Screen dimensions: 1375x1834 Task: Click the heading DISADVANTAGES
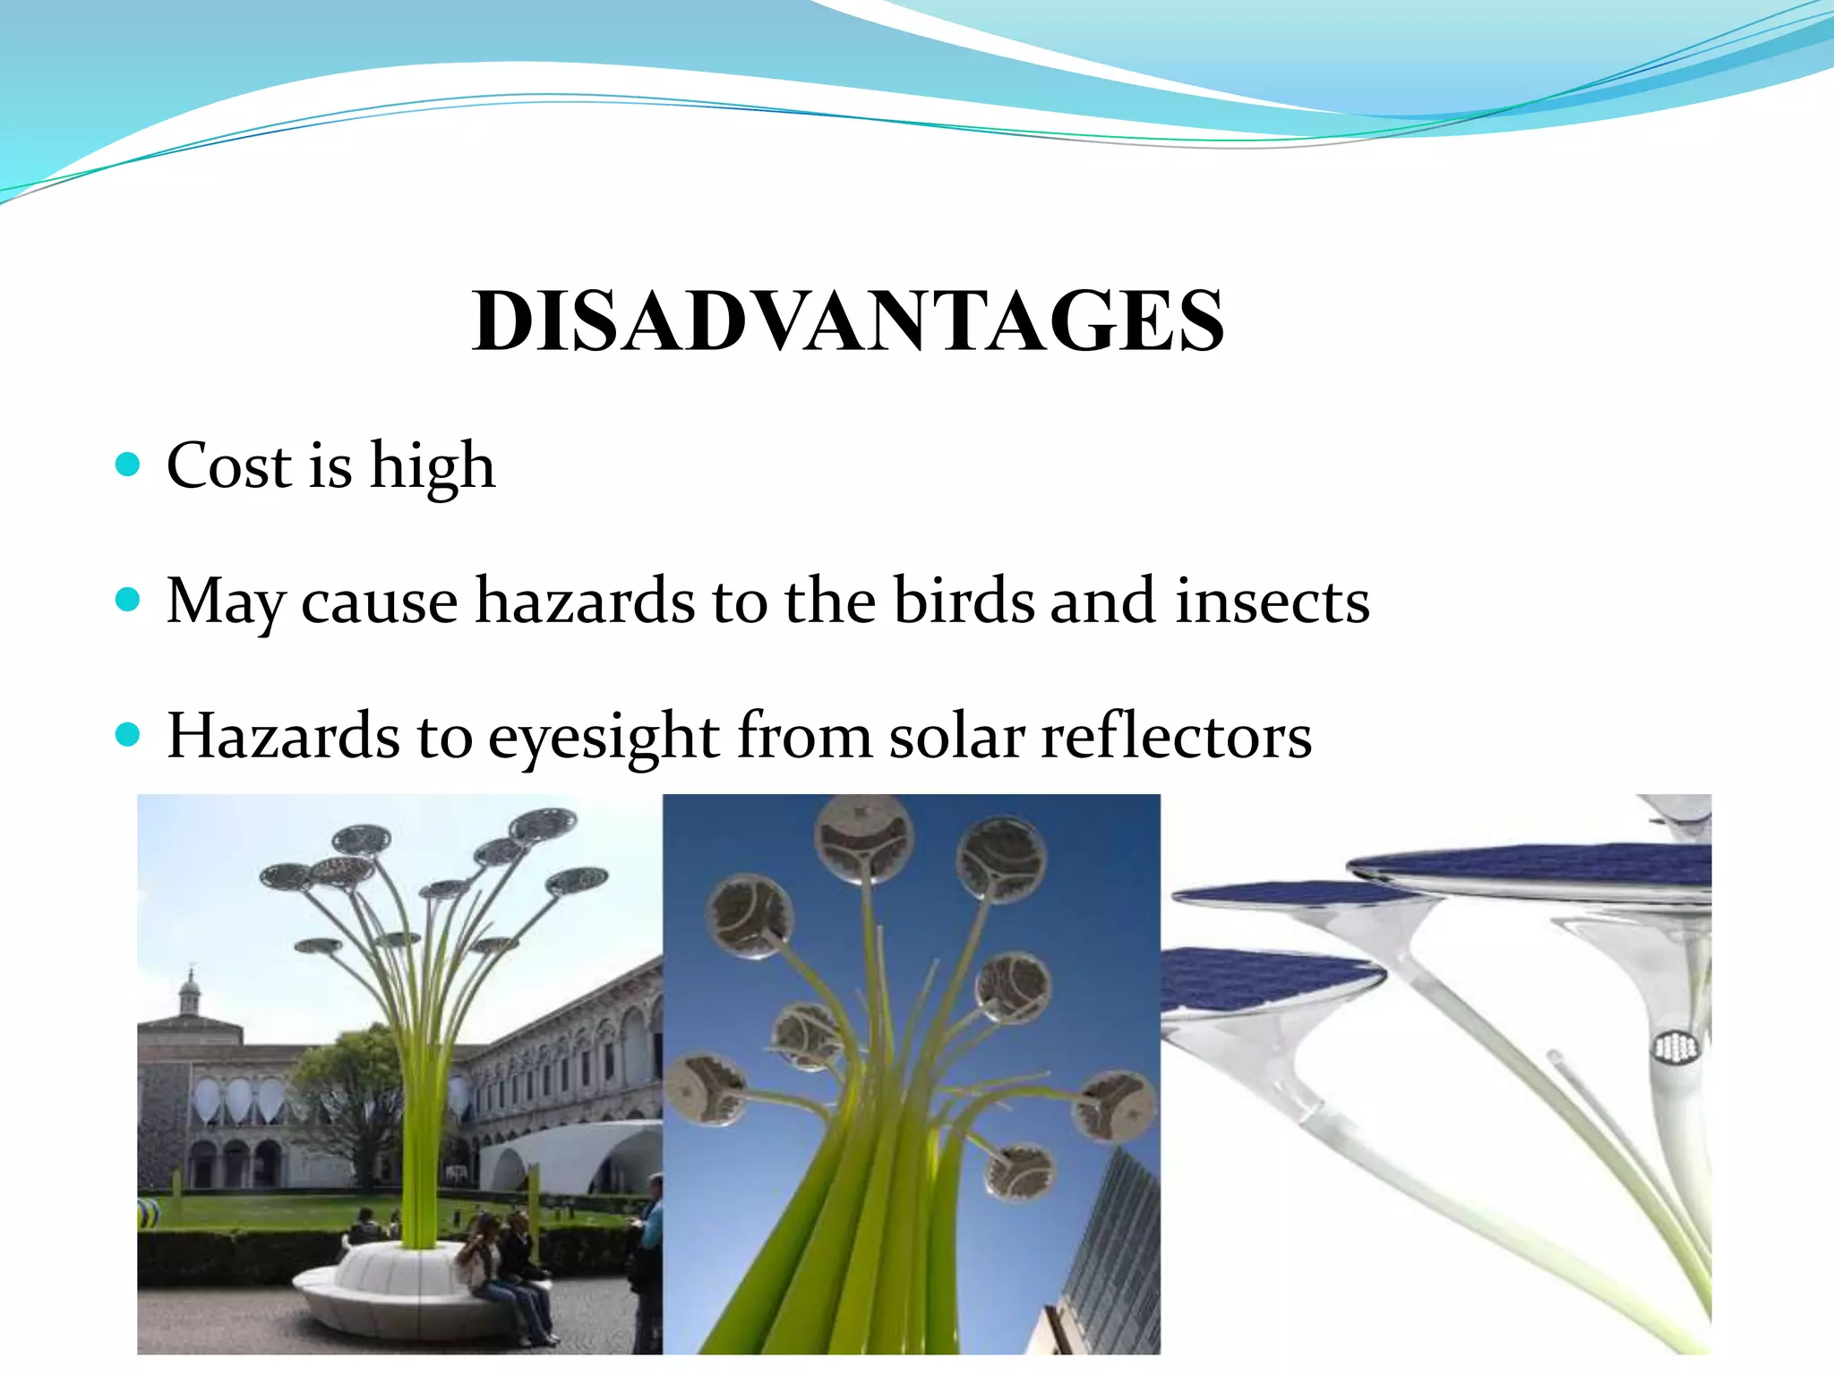[848, 321]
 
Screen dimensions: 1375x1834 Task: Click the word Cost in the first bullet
[229, 465]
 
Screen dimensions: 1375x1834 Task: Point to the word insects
[1272, 601]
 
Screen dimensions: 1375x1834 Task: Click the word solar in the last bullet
[956, 736]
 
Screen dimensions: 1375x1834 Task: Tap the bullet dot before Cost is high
[129, 464]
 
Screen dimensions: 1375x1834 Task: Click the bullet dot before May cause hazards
[129, 599]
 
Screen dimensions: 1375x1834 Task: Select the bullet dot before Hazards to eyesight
[129, 735]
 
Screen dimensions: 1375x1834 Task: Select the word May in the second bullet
[224, 602]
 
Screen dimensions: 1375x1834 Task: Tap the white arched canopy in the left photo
[573, 1155]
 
